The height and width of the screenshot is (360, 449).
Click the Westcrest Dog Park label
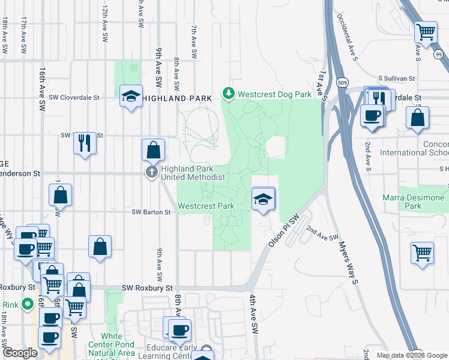274,94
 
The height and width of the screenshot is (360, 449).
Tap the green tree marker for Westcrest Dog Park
228,94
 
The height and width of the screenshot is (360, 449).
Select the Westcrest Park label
206,206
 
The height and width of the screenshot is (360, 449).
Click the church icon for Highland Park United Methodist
151,173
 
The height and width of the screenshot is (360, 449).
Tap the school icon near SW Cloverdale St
130,97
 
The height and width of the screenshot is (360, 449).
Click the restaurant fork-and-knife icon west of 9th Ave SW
85,143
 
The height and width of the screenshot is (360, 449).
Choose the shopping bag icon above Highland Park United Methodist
154,150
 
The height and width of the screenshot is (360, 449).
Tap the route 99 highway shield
439,54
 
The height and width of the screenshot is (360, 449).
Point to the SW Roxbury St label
147,289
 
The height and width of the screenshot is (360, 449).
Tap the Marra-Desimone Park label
414,202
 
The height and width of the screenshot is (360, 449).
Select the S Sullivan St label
396,79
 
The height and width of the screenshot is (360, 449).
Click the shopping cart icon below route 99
426,31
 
